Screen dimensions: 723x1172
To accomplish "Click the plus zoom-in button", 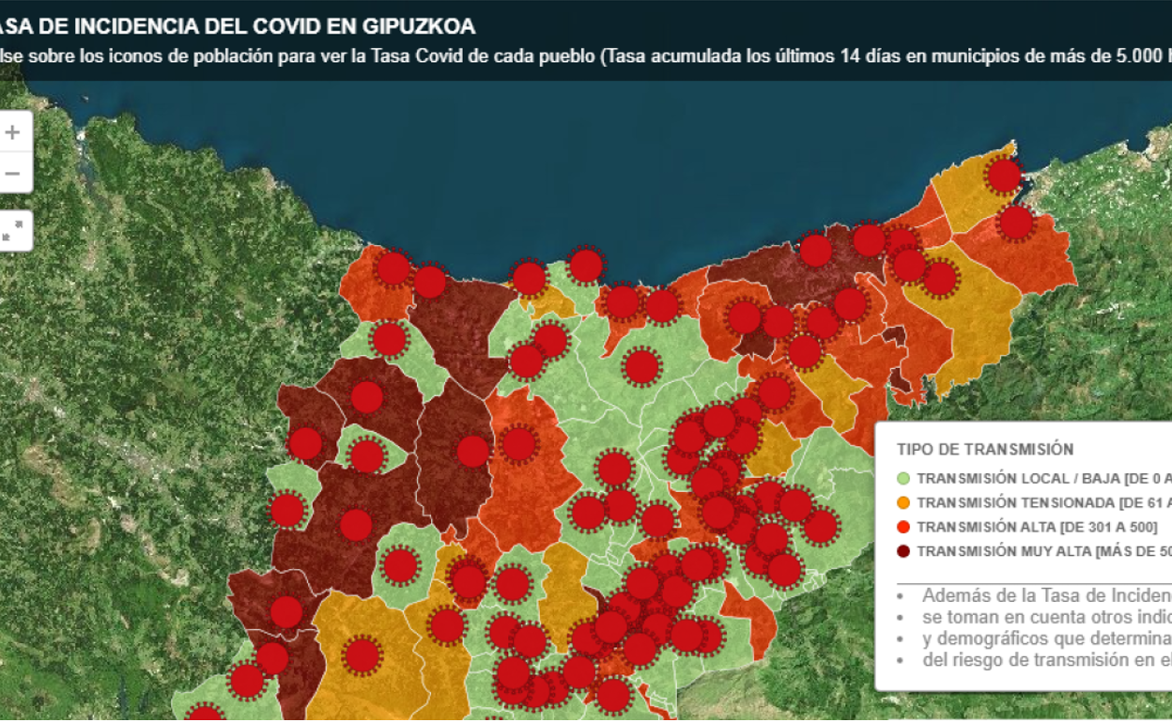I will click(12, 132).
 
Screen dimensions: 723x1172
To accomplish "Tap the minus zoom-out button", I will click(12, 174).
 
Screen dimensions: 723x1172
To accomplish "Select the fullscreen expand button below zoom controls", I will click(12, 231).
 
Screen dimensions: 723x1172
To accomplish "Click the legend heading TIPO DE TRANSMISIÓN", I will click(985, 450).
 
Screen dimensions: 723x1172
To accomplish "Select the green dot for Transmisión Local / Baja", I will click(903, 478).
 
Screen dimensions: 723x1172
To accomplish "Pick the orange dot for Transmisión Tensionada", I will click(903, 502).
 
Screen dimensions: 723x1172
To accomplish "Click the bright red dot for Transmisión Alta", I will click(903, 527).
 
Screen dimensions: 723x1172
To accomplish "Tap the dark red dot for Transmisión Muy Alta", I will click(903, 551).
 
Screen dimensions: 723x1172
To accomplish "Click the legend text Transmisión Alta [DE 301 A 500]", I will click(1037, 527).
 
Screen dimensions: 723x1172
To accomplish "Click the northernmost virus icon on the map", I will click(1004, 175).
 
